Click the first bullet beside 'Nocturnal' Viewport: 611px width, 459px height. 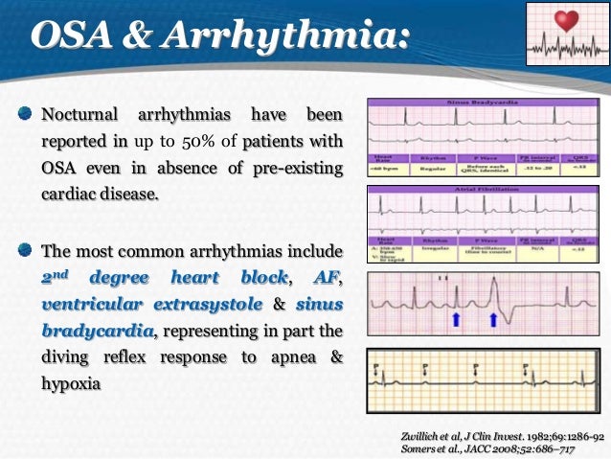[x=27, y=116]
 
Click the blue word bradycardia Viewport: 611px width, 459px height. [x=96, y=333]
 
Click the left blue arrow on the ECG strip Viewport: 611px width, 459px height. [x=429, y=316]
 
